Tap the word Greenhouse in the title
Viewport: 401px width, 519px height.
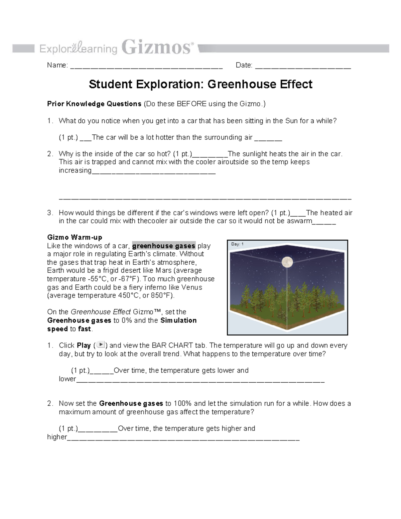[x=242, y=84]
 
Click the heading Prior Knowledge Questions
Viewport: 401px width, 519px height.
[x=94, y=104]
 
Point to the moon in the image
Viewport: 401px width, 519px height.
[x=287, y=262]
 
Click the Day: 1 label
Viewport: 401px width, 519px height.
[x=237, y=244]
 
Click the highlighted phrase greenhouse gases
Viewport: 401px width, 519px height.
[x=164, y=246]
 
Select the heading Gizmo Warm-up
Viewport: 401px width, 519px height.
[x=75, y=237]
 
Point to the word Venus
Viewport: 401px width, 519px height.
[x=192, y=287]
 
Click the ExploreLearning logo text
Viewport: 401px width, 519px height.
[x=78, y=49]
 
